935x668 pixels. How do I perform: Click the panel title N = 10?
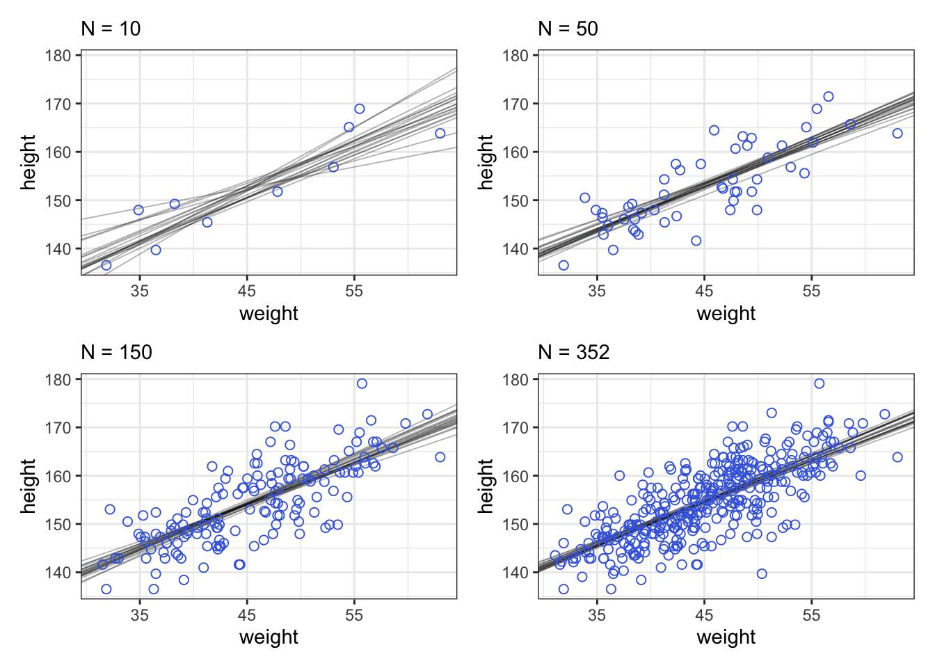111,29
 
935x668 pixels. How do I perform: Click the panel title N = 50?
568,29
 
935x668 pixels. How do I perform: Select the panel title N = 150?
116,352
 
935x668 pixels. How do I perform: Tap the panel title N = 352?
573,352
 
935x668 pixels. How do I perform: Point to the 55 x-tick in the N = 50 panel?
811,291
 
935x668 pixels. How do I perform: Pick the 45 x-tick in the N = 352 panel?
704,614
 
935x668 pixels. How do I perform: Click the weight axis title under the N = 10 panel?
269,313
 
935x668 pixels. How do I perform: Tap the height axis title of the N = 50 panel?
486,163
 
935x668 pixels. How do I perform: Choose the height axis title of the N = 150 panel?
29,486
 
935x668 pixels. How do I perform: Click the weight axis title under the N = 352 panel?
726,637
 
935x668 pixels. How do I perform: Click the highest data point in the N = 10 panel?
360,109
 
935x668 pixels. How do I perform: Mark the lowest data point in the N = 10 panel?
106,265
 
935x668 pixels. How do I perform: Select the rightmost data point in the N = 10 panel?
440,133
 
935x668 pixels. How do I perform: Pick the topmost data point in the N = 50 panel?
828,97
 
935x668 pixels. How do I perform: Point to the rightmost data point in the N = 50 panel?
897,133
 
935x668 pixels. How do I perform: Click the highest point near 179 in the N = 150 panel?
362,383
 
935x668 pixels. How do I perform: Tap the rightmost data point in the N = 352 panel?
897,457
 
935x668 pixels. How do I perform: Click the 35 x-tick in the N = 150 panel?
140,614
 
